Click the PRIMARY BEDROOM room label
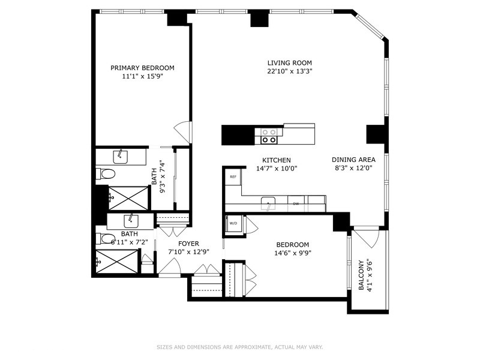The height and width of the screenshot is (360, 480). point(142,68)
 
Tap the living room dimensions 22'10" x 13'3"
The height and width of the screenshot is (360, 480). point(290,71)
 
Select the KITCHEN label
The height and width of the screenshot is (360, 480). point(276,160)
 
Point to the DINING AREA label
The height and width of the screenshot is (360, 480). point(353,160)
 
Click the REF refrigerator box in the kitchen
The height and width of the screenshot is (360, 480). point(233,176)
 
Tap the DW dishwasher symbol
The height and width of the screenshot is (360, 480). point(296,204)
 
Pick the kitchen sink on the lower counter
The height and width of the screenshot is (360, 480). point(268,202)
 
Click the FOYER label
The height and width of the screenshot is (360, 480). point(188,244)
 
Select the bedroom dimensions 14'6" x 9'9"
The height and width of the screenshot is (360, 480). point(292,253)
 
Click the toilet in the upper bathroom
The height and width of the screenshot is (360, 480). point(107,175)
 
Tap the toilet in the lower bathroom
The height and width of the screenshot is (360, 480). point(103,238)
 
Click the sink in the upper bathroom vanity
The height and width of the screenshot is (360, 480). point(122,155)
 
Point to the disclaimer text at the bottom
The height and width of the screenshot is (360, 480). point(239,347)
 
